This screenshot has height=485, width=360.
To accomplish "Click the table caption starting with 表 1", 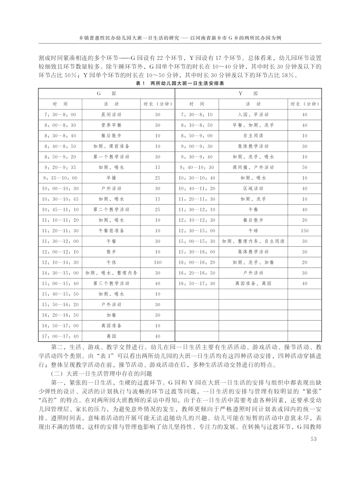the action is (x=180, y=83).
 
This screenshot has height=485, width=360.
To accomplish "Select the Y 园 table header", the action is (x=248, y=93).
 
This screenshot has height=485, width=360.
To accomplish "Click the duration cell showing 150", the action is (x=305, y=230).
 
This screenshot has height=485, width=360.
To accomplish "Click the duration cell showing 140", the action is (x=158, y=262).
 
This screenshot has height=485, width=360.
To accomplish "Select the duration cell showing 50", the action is (x=305, y=167).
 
